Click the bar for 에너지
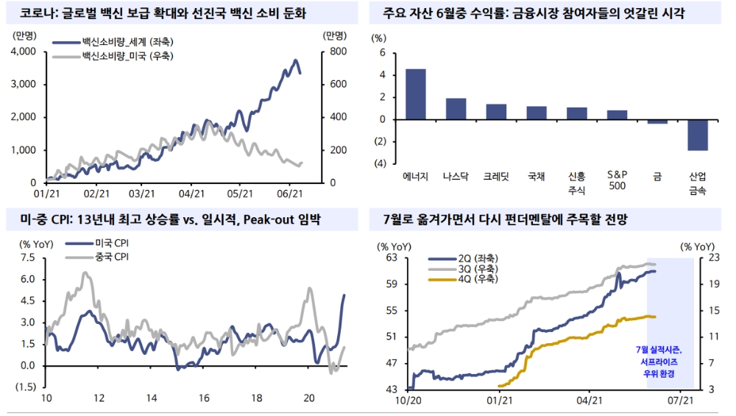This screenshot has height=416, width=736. [x=415, y=94]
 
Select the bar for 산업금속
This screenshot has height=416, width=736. [x=698, y=135]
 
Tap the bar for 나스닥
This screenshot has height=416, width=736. [x=456, y=108]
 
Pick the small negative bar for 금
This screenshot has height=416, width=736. [x=657, y=121]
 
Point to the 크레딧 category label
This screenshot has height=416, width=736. [x=496, y=177]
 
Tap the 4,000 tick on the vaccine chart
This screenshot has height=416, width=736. [x=24, y=52]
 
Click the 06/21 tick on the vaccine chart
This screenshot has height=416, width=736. [x=290, y=194]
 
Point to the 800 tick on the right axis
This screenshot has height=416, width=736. [x=335, y=52]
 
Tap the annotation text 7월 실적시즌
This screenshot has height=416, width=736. [x=659, y=350]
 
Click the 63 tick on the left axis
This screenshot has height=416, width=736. [x=392, y=258]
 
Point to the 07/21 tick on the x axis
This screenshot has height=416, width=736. [x=681, y=401]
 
